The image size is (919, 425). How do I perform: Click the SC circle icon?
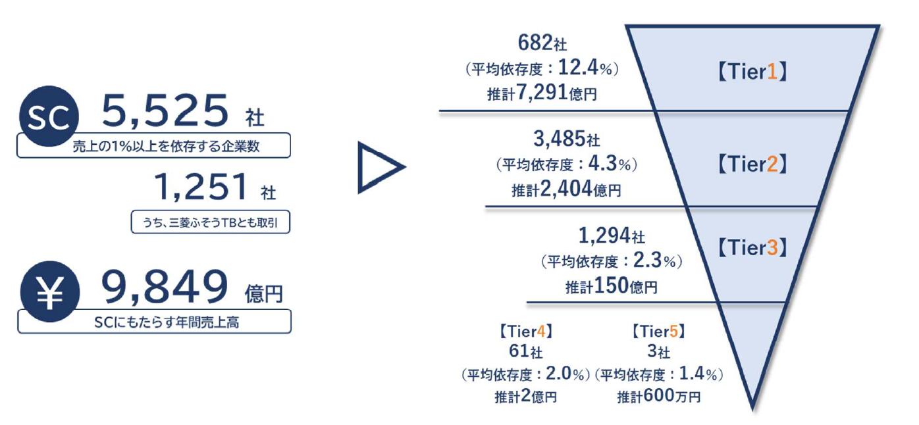(49, 118)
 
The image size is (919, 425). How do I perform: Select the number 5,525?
(165, 111)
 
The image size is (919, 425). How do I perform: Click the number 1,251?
(201, 188)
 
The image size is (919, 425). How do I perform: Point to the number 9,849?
(165, 288)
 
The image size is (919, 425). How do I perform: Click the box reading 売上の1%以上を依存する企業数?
(153, 145)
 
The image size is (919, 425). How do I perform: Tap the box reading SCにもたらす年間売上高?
(153, 322)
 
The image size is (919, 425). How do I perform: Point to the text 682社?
(542, 44)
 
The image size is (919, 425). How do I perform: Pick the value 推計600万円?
(658, 397)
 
